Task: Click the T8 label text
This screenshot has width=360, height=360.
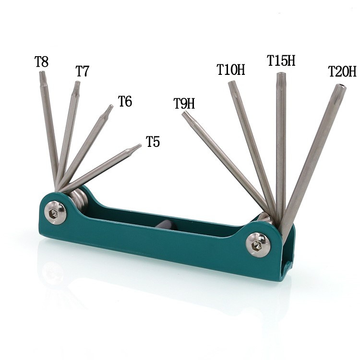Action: pyautogui.click(x=41, y=62)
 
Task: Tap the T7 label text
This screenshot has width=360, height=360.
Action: pyautogui.click(x=82, y=72)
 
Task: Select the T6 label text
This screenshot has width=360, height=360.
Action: pyautogui.click(x=125, y=101)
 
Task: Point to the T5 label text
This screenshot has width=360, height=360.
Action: pyautogui.click(x=153, y=142)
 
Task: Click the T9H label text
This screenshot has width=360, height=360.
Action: pyautogui.click(x=184, y=103)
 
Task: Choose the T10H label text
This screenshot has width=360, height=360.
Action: pyautogui.click(x=230, y=70)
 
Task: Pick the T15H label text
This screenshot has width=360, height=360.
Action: pyautogui.click(x=281, y=60)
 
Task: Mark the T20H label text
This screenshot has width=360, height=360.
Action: pyautogui.click(x=342, y=72)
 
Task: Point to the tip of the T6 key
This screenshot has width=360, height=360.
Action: pyautogui.click(x=111, y=107)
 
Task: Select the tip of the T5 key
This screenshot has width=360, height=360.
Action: pyautogui.click(x=139, y=146)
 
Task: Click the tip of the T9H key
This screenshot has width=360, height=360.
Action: pyautogui.click(x=185, y=114)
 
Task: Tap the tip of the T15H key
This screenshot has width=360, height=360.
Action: pyautogui.click(x=281, y=75)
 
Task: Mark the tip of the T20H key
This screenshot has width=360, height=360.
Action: pyautogui.click(x=340, y=87)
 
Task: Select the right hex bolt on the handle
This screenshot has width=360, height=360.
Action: pyautogui.click(x=258, y=245)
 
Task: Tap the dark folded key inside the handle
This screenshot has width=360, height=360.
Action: pyautogui.click(x=164, y=225)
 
